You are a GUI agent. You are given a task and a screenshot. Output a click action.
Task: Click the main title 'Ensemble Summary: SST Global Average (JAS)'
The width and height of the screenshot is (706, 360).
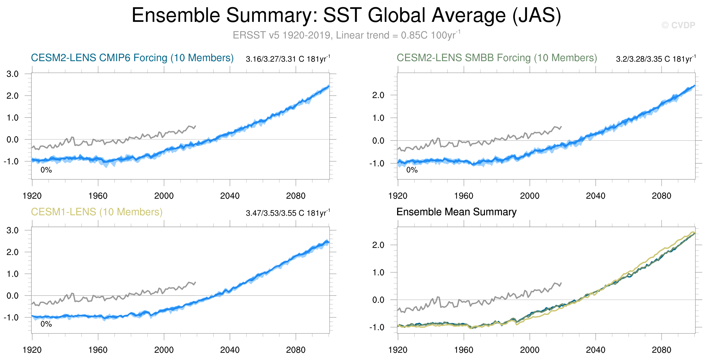[x=346, y=15]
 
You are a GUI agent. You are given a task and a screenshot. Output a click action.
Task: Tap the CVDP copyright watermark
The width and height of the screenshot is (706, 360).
[x=678, y=25]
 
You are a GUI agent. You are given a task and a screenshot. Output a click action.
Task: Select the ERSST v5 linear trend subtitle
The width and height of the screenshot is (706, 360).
[x=346, y=35]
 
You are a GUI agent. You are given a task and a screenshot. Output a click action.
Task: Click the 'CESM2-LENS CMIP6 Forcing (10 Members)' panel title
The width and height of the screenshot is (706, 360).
[x=132, y=58]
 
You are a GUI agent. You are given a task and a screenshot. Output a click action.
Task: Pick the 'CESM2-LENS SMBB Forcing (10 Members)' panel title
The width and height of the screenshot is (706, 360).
[x=497, y=58]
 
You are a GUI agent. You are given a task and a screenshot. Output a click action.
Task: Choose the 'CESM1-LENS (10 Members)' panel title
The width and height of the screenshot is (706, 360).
[x=96, y=212]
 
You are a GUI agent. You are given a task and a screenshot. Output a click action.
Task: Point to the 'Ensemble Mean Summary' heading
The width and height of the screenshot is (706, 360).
[x=456, y=212]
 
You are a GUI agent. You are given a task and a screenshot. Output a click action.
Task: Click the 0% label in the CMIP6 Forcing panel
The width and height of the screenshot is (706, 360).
[x=46, y=170]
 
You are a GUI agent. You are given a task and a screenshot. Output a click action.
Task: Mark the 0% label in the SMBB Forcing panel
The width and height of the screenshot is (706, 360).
[x=412, y=170]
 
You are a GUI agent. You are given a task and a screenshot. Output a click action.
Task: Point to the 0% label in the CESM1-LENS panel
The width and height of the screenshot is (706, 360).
[x=46, y=324]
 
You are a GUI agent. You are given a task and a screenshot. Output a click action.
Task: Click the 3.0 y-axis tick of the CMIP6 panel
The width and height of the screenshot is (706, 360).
[x=13, y=74]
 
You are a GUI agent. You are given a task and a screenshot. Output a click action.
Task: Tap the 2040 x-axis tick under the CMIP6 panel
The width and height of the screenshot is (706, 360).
[x=230, y=196]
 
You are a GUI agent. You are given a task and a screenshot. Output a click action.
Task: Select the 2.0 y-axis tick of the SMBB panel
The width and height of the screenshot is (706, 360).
[x=378, y=95]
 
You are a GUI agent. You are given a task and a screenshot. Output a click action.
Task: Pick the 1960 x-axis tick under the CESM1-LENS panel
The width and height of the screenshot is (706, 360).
[x=98, y=350]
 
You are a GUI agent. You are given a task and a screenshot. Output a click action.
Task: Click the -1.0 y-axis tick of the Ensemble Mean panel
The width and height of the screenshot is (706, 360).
[x=377, y=327]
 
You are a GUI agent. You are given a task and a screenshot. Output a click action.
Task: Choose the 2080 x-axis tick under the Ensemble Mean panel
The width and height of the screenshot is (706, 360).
[x=661, y=350]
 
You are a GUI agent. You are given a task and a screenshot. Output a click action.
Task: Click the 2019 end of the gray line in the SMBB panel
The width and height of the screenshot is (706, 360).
[x=561, y=127]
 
